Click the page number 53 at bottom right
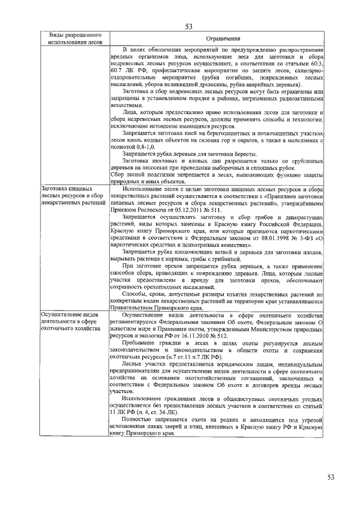(331, 478)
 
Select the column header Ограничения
(216, 38)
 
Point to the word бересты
(244, 154)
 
